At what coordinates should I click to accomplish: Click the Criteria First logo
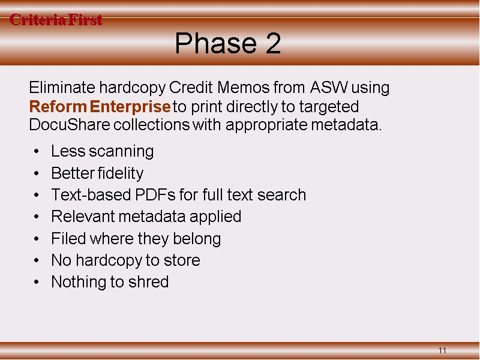click(56, 20)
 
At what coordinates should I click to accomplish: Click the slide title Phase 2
click(228, 43)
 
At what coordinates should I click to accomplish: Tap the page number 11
click(442, 350)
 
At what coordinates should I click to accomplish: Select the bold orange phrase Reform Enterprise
click(100, 107)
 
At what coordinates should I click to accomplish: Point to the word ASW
click(329, 87)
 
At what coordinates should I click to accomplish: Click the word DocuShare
click(70, 125)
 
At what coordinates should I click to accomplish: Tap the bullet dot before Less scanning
click(37, 151)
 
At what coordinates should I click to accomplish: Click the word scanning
click(121, 152)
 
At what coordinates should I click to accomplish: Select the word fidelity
click(121, 173)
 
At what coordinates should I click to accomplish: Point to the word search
click(281, 194)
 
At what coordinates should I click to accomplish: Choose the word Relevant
click(83, 217)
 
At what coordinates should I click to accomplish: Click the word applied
click(215, 217)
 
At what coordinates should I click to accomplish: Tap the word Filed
click(68, 238)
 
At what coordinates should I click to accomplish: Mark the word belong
click(197, 239)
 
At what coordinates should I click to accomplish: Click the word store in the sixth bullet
click(182, 260)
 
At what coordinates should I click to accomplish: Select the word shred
click(148, 281)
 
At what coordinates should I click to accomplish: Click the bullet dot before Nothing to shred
click(37, 282)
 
